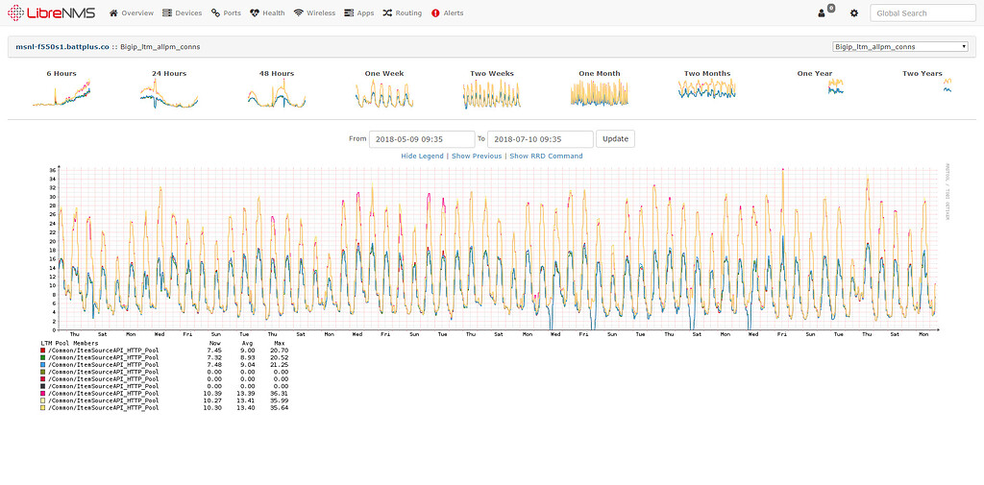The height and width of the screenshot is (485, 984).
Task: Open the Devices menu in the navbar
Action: [x=183, y=13]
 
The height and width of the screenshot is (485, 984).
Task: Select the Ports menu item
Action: [x=227, y=13]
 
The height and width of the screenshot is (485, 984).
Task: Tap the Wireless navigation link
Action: [x=315, y=13]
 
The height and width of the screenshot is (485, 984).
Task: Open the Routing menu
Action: [x=402, y=13]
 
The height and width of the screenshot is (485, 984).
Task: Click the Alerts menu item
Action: [x=448, y=13]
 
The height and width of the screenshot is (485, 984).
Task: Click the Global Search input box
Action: [x=922, y=13]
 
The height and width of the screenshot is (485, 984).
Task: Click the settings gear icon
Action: [x=853, y=13]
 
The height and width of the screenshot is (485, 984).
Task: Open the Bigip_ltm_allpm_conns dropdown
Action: [x=899, y=46]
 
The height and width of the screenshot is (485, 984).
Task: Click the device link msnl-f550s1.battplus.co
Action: [x=62, y=46]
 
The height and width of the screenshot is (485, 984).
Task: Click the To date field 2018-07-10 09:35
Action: [x=539, y=138]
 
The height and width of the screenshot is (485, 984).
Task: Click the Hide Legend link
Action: [x=422, y=156]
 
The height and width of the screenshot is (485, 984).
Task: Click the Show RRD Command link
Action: [x=546, y=156]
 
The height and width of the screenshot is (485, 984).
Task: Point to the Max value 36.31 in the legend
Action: [x=280, y=394]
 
